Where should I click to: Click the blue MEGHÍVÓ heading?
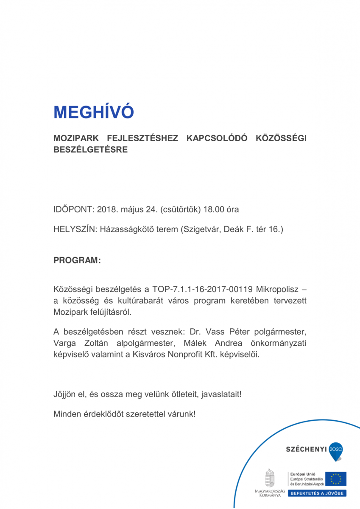(93, 112)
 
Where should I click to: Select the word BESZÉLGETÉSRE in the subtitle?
(90, 150)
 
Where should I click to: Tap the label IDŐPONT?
(73, 210)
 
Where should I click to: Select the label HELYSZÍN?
(75, 229)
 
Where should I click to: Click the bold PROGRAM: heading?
(77, 260)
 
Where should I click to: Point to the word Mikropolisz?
(276, 290)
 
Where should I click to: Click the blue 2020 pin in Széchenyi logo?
(336, 450)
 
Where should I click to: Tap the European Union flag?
(335, 478)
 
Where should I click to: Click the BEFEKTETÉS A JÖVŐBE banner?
(317, 493)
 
